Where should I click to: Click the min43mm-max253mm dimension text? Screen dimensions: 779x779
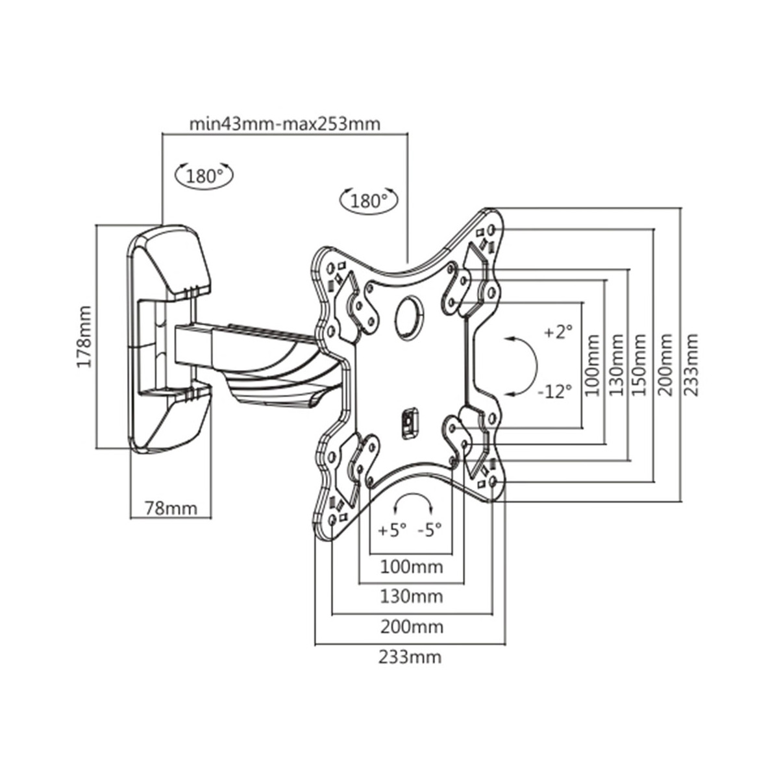coord(285,124)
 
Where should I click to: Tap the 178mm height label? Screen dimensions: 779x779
coord(85,336)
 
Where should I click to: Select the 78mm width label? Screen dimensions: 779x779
coord(171,508)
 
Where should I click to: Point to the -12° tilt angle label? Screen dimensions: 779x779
coord(556,391)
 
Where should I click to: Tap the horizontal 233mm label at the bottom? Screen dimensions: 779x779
coord(410,657)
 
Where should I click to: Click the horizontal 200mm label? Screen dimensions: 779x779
coord(412,627)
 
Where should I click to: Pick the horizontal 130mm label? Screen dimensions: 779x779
coord(412,597)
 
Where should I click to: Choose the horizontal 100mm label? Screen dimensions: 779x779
coord(412,567)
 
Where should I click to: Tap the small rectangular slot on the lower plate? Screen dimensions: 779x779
coord(410,423)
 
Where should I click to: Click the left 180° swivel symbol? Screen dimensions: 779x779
coord(204,175)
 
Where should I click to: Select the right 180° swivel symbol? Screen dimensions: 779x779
coord(368,200)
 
